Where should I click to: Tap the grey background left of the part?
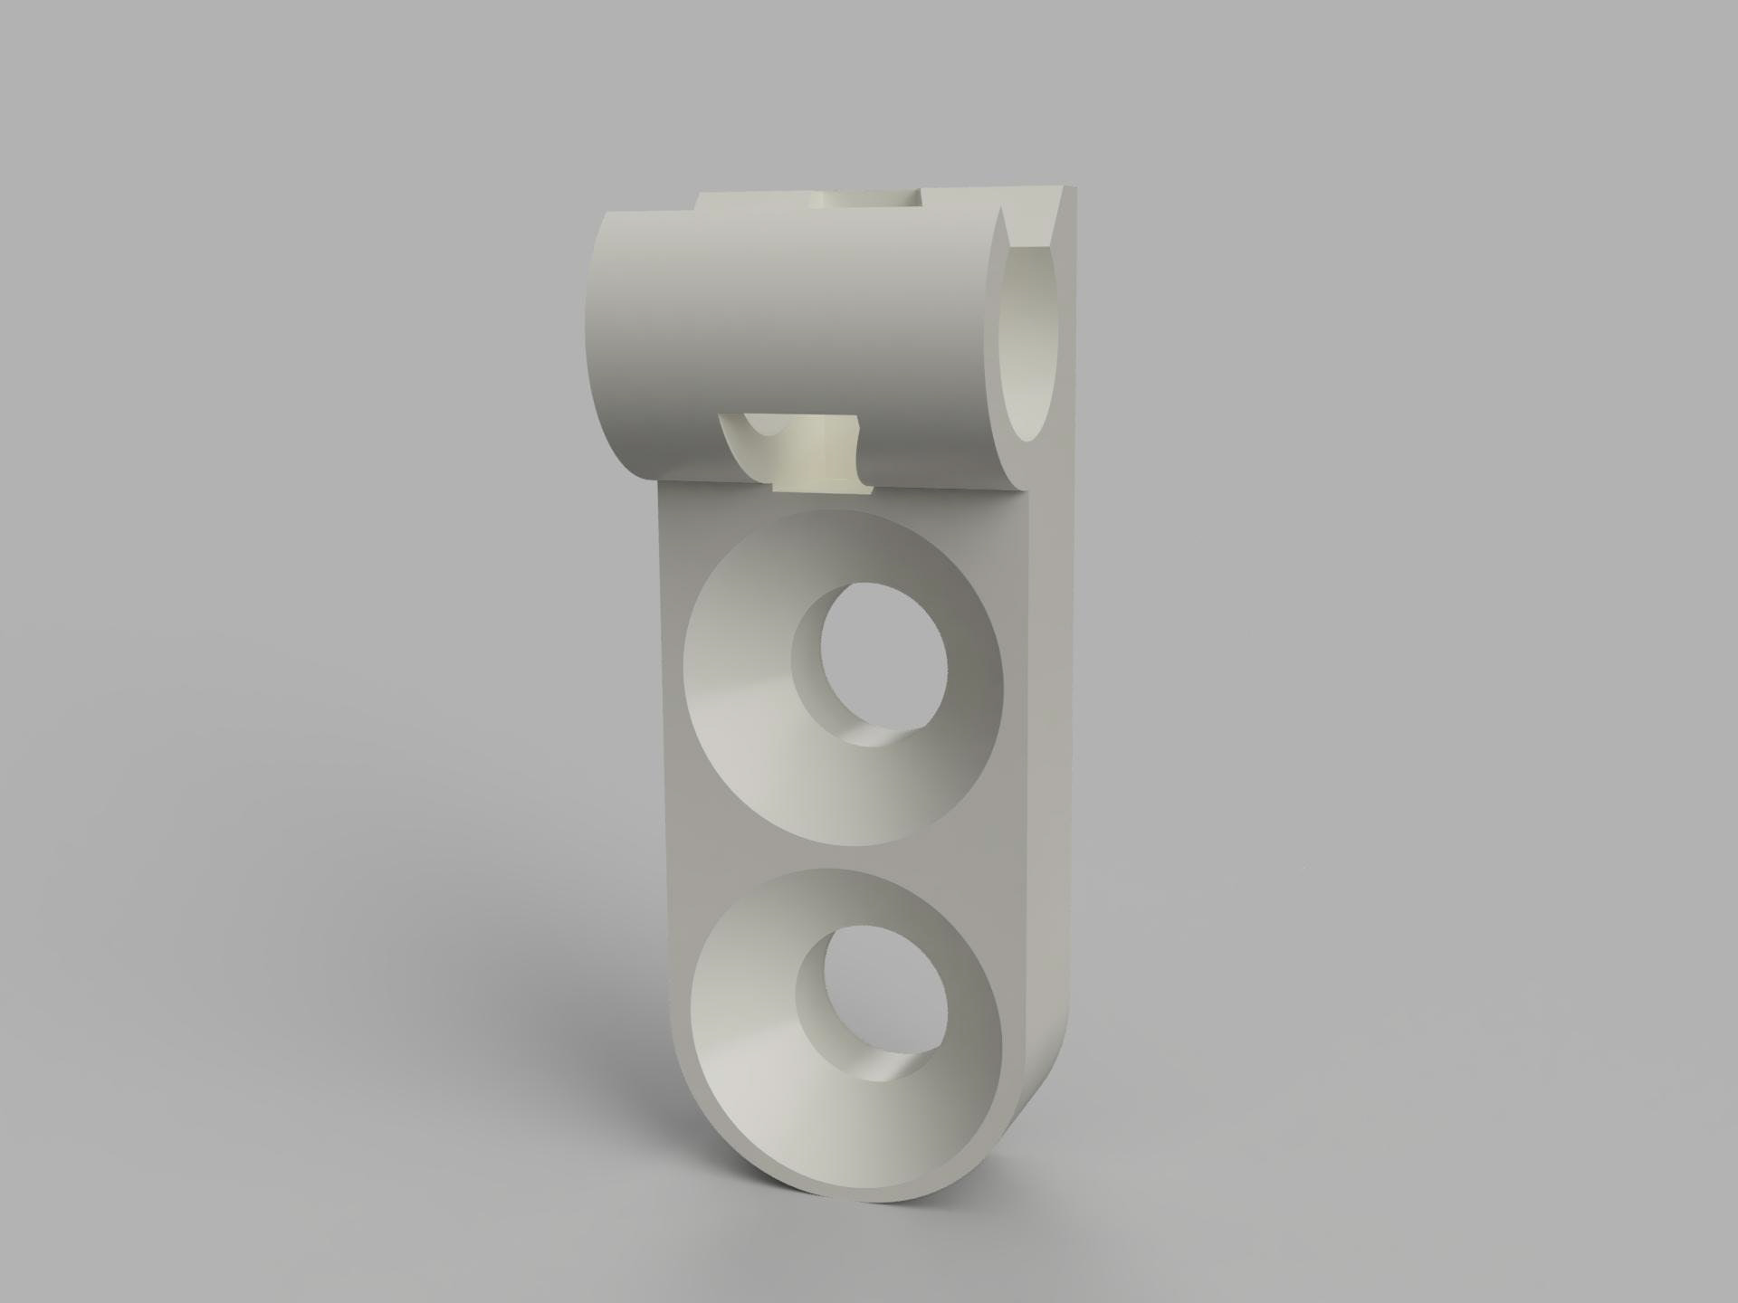click(x=272, y=633)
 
